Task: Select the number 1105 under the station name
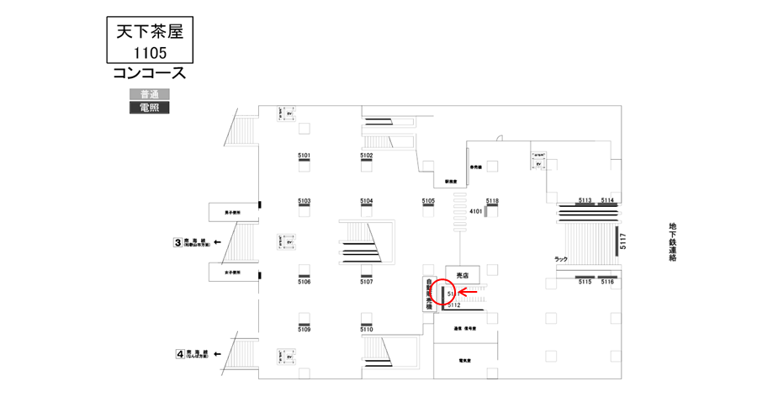click(x=147, y=52)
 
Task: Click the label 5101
click(x=304, y=156)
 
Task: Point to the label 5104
click(x=367, y=201)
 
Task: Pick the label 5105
click(x=428, y=201)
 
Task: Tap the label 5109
click(x=304, y=330)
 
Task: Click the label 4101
click(x=476, y=211)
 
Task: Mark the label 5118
click(x=493, y=201)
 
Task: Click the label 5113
click(x=585, y=200)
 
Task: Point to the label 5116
click(x=607, y=282)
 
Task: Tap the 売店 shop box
click(x=462, y=274)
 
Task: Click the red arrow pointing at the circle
click(x=472, y=292)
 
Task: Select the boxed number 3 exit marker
click(x=177, y=243)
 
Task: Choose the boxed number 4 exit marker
click(x=179, y=354)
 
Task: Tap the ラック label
click(x=561, y=258)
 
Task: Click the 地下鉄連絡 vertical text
click(x=673, y=242)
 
